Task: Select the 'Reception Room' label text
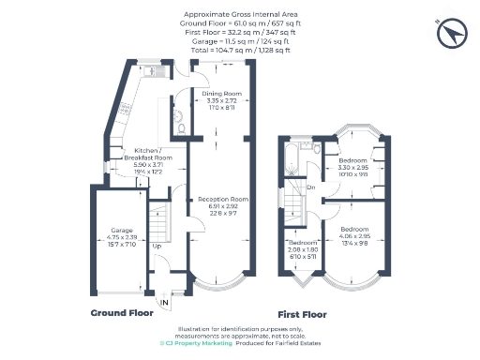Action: [222, 199]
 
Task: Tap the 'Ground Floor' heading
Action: [123, 312]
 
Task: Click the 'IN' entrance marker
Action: [165, 302]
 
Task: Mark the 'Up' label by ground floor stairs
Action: [156, 247]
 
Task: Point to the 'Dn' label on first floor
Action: [309, 187]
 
